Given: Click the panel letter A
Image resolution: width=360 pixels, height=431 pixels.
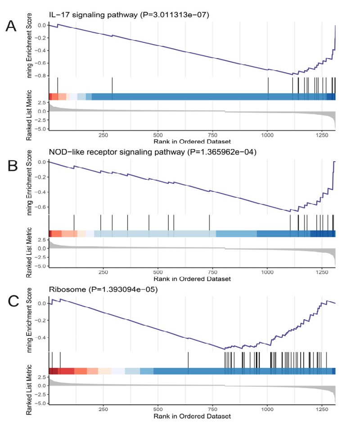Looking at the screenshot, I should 11,27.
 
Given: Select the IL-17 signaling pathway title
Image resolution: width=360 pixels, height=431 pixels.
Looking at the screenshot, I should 129,16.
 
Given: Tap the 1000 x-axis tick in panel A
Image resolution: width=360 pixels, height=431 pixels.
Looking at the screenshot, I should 267,135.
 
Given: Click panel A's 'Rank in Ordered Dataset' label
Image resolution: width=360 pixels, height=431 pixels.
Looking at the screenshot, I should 185,141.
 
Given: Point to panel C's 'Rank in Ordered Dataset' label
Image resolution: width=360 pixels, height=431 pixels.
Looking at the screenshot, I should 185,416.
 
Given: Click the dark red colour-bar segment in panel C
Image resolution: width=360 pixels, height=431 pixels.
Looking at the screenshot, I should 53,371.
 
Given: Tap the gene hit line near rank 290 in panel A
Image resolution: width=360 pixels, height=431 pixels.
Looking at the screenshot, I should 112,86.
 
